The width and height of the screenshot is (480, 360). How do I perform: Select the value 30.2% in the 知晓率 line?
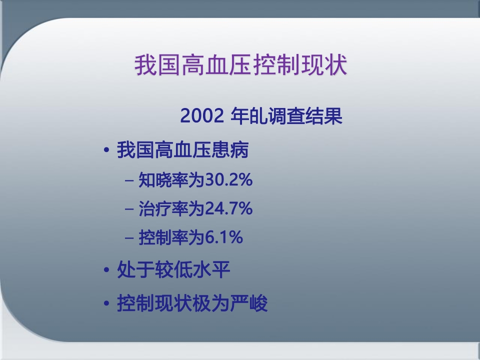[228, 180]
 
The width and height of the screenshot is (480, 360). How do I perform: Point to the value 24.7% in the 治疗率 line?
[228, 209]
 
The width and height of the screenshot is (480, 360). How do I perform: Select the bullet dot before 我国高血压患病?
[106, 151]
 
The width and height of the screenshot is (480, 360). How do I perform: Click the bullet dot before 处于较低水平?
[106, 271]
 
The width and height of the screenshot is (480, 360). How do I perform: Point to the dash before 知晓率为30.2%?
[129, 180]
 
